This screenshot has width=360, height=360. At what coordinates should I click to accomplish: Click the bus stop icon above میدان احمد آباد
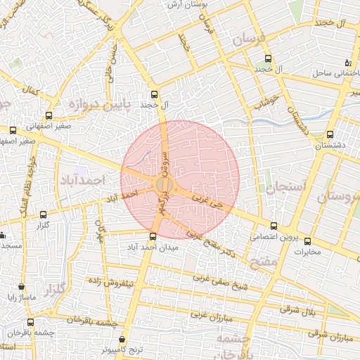[153, 236]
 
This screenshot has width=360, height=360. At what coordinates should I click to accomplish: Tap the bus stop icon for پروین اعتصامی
[274, 226]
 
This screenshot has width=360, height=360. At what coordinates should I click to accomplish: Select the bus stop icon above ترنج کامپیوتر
[124, 337]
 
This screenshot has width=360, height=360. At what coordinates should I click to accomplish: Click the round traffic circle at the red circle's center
[163, 184]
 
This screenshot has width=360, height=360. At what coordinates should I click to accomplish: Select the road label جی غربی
[209, 204]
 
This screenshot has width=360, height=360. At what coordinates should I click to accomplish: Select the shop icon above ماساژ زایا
[21, 286]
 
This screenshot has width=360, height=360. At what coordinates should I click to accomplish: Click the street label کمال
[31, 91]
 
